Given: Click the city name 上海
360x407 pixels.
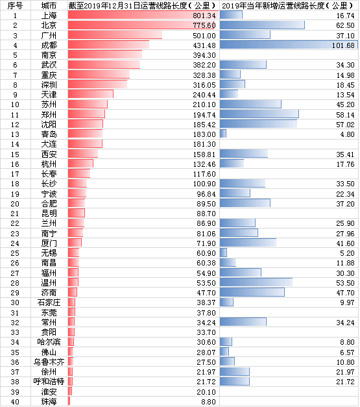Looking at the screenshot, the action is tap(49, 16).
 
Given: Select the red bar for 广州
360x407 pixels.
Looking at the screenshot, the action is tap(115, 35).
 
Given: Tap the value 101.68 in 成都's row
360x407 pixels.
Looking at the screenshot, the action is tap(343, 45).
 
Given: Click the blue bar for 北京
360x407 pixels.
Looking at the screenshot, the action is tap(262, 25).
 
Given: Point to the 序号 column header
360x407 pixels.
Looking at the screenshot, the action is tap(15, 5).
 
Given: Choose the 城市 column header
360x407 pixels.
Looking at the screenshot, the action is tap(49, 5).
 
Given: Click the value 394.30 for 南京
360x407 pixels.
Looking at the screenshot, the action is tap(204, 55).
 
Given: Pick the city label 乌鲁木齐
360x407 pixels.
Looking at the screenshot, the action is tap(49, 362).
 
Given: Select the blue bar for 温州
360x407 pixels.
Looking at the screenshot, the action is tap(256, 282).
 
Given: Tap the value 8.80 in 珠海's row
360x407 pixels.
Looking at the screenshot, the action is tap(208, 402).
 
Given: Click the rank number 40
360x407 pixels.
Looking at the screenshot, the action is tap(15, 402).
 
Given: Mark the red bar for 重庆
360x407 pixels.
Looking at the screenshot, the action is tap(99, 75).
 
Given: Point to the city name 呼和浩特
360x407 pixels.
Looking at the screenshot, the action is tap(49, 382).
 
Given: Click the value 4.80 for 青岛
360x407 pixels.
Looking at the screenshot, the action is tap(347, 134).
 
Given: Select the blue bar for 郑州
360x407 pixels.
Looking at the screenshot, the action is tap(259, 114).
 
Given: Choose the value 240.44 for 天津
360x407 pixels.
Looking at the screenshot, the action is tap(204, 95).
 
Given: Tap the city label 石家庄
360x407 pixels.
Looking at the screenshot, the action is tap(49, 302).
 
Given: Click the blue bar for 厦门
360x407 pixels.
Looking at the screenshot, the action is tap(248, 243).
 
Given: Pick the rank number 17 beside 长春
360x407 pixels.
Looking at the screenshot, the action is tap(15, 174).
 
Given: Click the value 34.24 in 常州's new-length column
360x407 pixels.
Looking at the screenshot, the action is tap(345, 323).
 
